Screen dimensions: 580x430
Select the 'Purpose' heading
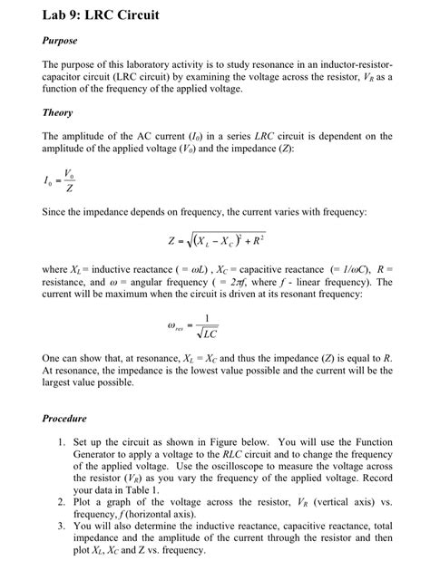[60, 41]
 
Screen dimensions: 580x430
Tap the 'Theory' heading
[58, 113]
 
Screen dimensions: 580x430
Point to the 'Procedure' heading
[65, 419]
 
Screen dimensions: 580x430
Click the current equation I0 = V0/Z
[60, 182]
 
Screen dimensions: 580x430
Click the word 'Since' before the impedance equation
[56, 211]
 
